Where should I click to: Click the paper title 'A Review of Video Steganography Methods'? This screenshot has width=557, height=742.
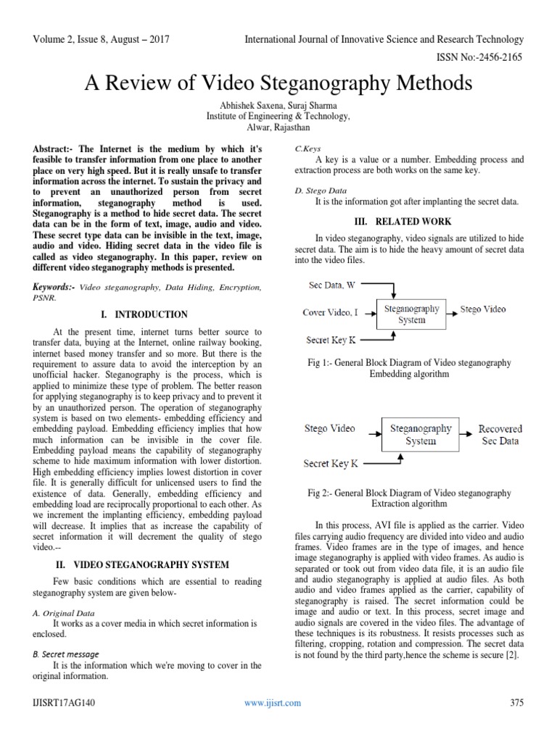[278, 83]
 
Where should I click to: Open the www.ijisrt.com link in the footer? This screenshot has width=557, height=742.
[273, 702]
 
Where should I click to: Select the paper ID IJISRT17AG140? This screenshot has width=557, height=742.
[56, 702]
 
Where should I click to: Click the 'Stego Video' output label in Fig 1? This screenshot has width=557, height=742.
[483, 309]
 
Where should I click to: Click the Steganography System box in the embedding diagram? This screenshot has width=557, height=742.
[411, 314]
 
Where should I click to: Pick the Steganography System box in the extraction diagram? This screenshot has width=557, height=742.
[421, 434]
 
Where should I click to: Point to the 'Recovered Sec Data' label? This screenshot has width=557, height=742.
[500, 435]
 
